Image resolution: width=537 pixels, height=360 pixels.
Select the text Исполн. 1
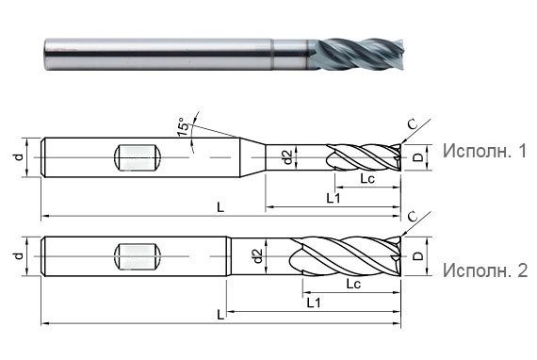point(483,151)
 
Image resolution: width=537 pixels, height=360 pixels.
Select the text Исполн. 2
point(483,271)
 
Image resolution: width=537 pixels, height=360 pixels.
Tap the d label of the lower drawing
point(18,255)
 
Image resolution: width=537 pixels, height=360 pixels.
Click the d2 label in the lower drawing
point(257,255)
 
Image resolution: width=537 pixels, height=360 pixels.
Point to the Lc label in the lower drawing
point(354,283)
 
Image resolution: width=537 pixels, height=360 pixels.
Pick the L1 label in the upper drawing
point(333,197)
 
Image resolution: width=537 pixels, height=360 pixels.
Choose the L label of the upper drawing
point(220,207)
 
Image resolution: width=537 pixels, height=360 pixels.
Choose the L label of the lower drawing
point(220,313)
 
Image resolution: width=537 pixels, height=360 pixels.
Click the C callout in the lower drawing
point(412,217)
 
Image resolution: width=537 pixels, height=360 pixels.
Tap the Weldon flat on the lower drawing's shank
point(138,255)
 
